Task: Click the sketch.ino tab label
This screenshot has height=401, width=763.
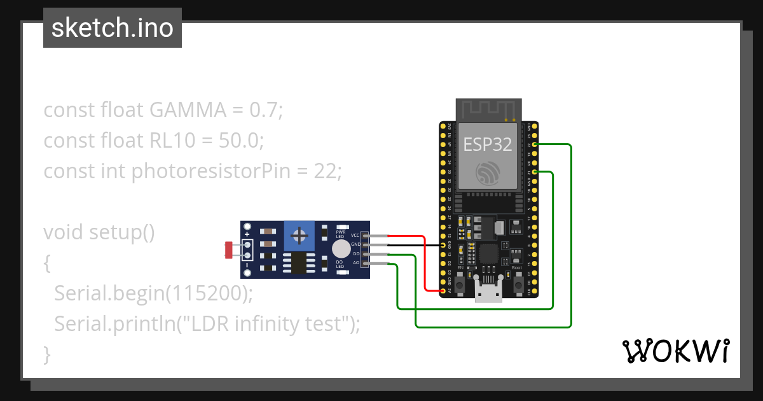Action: [113, 28]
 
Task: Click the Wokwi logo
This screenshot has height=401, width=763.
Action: [675, 351]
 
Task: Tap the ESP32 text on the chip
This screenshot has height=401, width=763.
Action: [487, 144]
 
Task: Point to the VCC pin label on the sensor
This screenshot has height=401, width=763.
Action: [355, 236]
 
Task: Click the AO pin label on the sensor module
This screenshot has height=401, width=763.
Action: [355, 262]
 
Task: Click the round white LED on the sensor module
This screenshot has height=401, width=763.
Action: [341, 248]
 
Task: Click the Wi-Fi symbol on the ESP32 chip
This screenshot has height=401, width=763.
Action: [487, 172]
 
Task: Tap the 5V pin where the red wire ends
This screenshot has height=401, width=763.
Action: [443, 291]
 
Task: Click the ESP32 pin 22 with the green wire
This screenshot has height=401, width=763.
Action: [535, 145]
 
